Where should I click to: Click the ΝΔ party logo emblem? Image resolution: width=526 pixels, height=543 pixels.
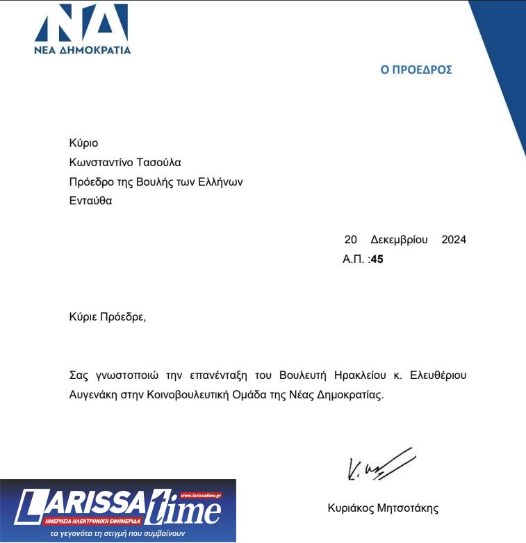pyautogui.click(x=82, y=24)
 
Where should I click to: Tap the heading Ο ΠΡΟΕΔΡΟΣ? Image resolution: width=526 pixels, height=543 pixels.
pyautogui.click(x=416, y=70)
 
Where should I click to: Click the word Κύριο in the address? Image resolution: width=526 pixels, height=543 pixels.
pyautogui.click(x=84, y=143)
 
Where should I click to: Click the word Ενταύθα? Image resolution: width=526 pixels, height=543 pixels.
pyautogui.click(x=91, y=201)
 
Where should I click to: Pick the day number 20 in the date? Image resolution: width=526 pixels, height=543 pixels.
pyautogui.click(x=351, y=240)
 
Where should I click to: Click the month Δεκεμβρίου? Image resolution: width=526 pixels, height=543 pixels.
pyautogui.click(x=399, y=240)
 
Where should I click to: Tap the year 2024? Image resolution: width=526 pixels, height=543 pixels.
pyautogui.click(x=454, y=240)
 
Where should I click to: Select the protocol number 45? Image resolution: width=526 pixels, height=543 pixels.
pyautogui.click(x=377, y=259)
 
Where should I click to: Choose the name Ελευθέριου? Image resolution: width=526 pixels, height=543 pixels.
pyautogui.click(x=435, y=375)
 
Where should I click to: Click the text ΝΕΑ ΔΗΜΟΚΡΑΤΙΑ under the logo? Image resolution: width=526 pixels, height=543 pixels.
pyautogui.click(x=82, y=50)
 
